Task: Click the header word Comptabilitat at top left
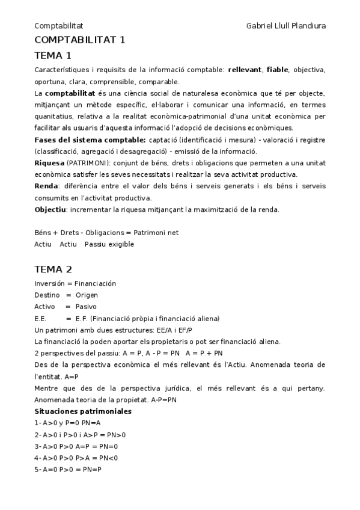58,26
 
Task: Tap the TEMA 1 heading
53,56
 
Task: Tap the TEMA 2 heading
53,269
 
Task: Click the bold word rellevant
245,70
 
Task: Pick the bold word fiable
277,70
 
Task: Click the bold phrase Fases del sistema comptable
89,140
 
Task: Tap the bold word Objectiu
50,209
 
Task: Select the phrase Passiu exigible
109,244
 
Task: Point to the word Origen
87,295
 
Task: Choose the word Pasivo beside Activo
86,307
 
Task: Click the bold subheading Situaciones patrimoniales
83,411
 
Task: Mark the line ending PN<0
76,458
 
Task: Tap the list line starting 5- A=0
68,469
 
